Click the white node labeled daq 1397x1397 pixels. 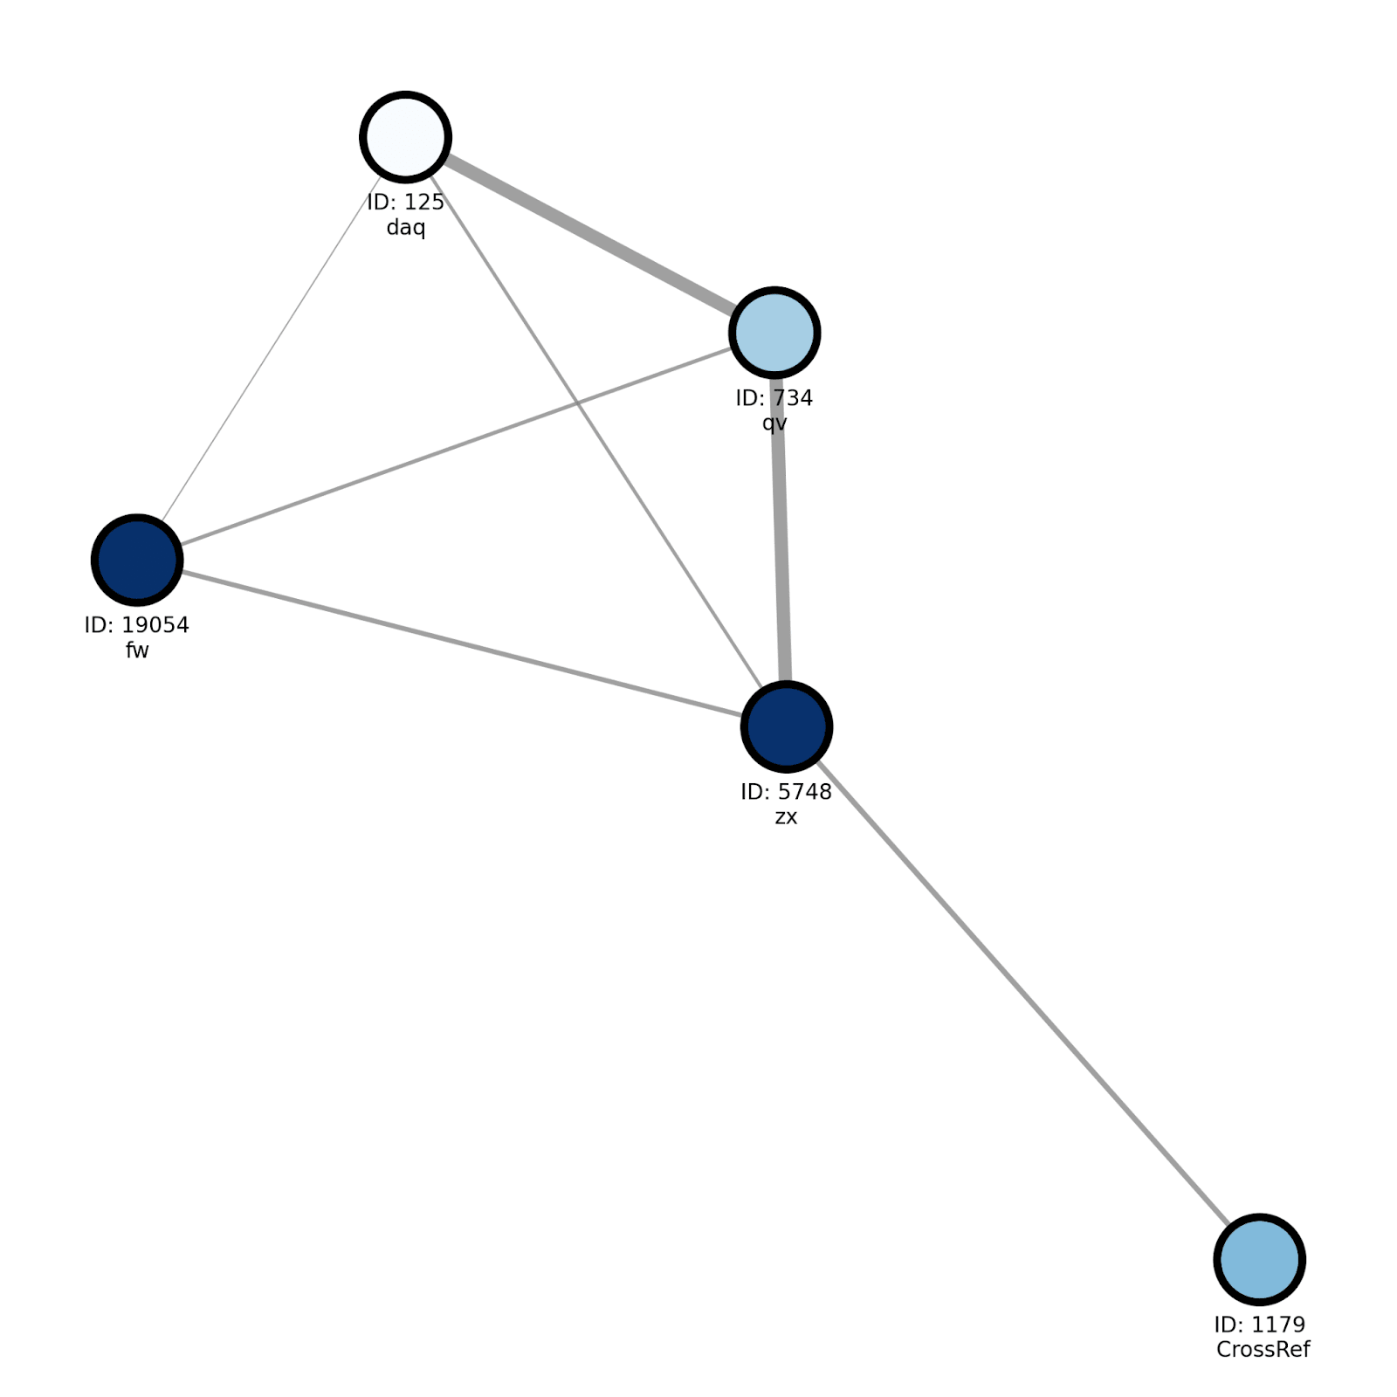(405, 137)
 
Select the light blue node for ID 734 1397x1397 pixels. (774, 333)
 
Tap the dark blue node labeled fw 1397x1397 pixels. (137, 560)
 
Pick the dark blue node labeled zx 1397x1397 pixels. (786, 726)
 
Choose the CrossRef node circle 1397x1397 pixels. (1259, 1260)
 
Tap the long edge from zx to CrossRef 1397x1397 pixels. (1022, 994)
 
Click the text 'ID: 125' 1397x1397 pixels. (405, 203)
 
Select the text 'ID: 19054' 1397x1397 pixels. (136, 625)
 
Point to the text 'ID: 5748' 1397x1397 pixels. (786, 792)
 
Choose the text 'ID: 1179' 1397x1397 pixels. (1259, 1325)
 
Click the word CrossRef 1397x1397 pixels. (1263, 1350)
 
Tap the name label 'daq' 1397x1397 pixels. (405, 228)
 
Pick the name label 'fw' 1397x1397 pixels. (137, 650)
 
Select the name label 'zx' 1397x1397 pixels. (786, 817)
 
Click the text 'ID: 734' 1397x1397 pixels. (774, 398)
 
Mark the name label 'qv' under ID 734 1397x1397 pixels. (774, 424)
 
